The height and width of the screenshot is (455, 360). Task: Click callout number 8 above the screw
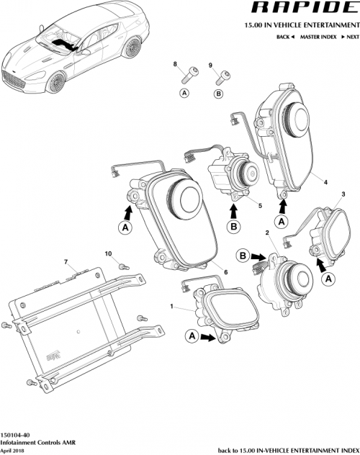[174, 65]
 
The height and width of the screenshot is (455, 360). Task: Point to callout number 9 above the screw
[210, 65]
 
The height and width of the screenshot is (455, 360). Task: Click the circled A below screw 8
[184, 94]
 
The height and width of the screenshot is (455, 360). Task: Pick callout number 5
[261, 204]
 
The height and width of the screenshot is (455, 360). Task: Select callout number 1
[172, 307]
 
